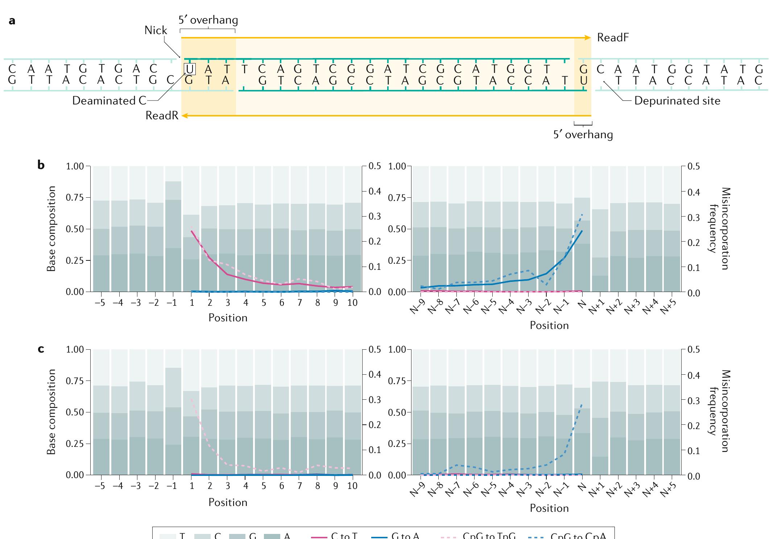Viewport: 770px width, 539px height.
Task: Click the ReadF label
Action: pyautogui.click(x=613, y=38)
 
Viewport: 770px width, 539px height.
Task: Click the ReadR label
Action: pyautogui.click(x=162, y=115)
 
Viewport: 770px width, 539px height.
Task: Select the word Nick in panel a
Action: pyautogui.click(x=156, y=30)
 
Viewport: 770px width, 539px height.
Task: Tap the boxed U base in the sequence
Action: pyautogui.click(x=190, y=69)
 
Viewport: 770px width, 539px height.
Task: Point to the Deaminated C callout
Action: pyautogui.click(x=109, y=100)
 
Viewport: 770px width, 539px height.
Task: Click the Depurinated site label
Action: pyautogui.click(x=677, y=100)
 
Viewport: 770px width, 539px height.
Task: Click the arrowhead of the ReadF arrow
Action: pyautogui.click(x=588, y=38)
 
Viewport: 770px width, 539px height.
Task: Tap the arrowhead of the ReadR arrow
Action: pyautogui.click(x=185, y=116)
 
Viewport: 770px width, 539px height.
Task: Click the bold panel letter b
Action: pyautogui.click(x=41, y=165)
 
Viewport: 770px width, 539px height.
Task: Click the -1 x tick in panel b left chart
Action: pyautogui.click(x=173, y=303)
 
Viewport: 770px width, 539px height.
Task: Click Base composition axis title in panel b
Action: pyautogui.click(x=52, y=229)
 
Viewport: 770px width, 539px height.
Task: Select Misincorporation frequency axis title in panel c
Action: pyautogui.click(x=719, y=411)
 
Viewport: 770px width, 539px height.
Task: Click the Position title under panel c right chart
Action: pyautogui.click(x=549, y=508)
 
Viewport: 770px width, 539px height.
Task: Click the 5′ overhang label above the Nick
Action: pyautogui.click(x=208, y=20)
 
